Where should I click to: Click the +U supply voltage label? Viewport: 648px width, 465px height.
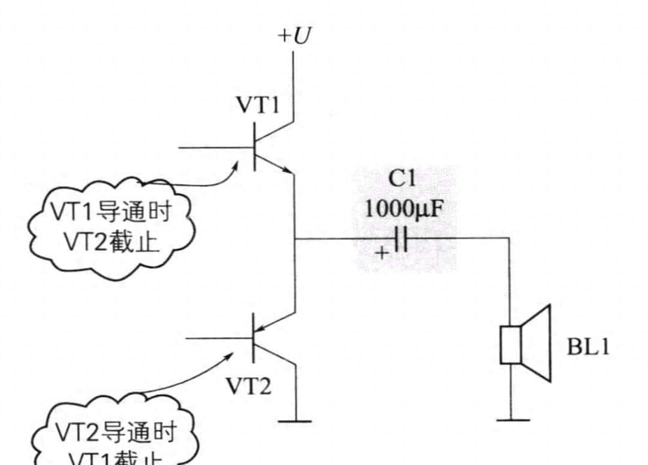point(294,36)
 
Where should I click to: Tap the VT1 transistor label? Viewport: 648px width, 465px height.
point(257,106)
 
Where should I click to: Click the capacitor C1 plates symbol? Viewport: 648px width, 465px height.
point(401,239)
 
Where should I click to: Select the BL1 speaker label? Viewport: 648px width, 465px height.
point(588,347)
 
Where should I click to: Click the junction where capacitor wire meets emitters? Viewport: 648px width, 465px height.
point(295,239)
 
